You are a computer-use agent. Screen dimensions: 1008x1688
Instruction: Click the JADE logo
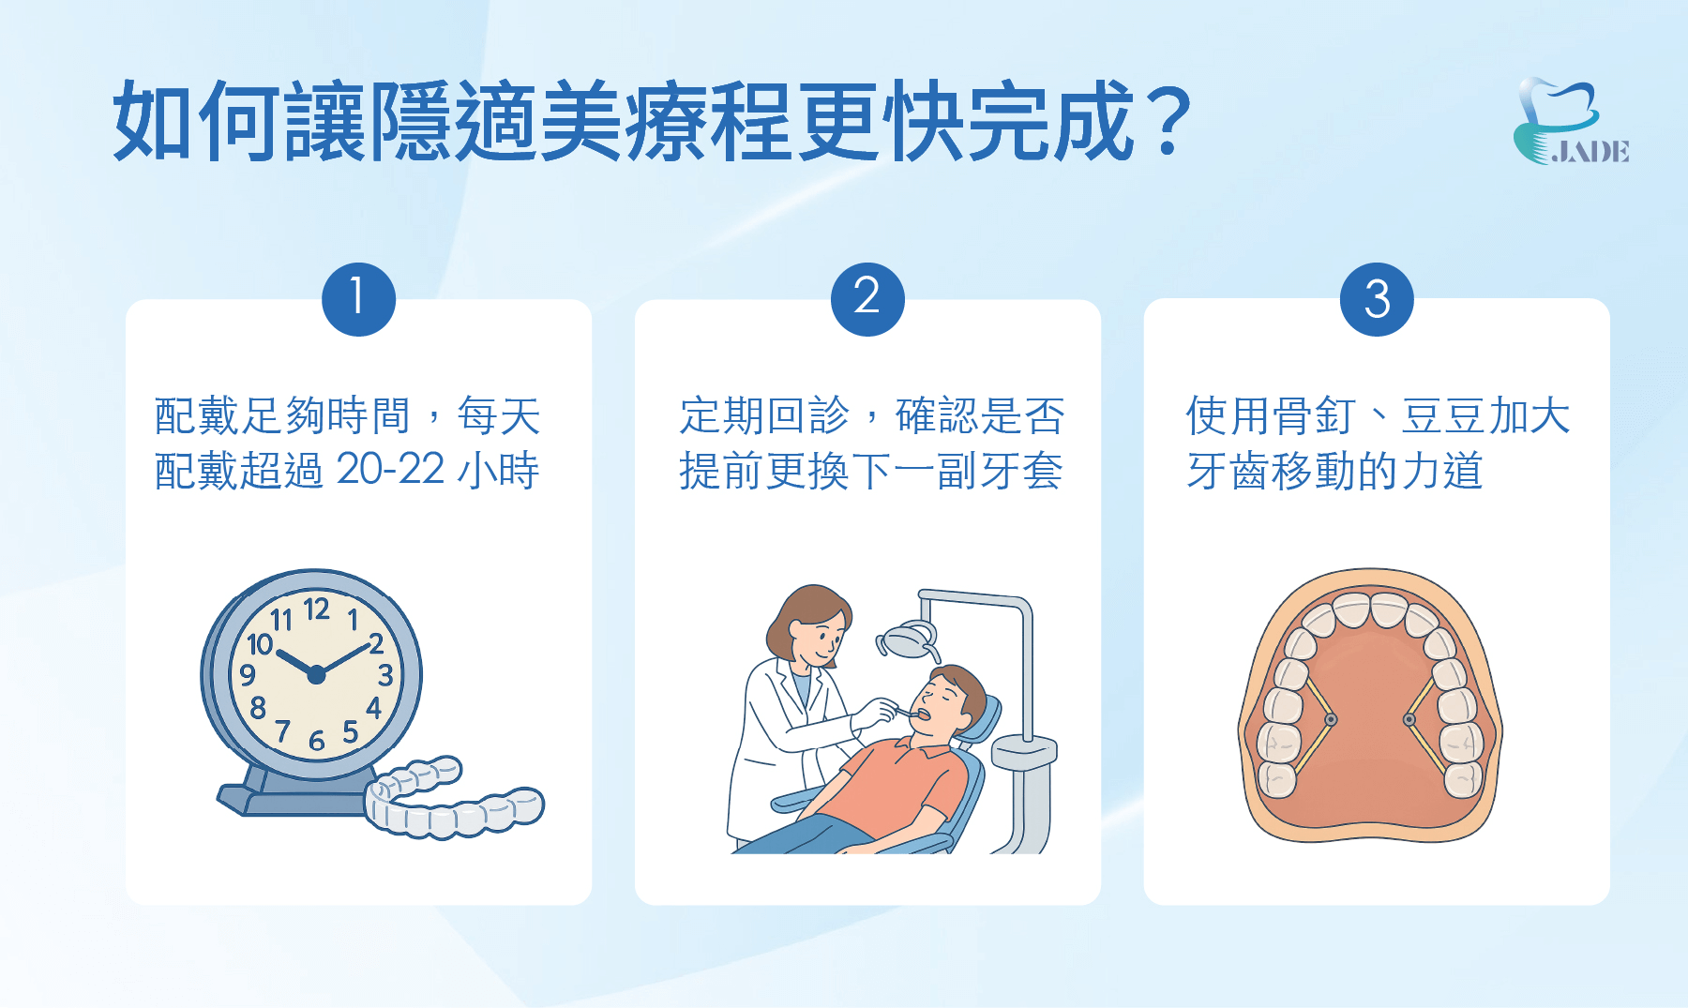pyautogui.click(x=1571, y=122)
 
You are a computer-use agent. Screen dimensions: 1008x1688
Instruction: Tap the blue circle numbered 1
pyautogui.click(x=358, y=299)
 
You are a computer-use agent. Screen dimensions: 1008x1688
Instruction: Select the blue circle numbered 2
pyautogui.click(x=867, y=299)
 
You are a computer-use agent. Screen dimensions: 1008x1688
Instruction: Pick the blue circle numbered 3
pyautogui.click(x=1377, y=299)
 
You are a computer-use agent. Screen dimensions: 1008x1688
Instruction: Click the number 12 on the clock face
pyautogui.click(x=317, y=609)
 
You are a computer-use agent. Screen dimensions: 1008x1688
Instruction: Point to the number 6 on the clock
pyautogui.click(x=317, y=742)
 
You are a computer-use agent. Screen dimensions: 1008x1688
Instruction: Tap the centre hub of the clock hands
pyautogui.click(x=316, y=674)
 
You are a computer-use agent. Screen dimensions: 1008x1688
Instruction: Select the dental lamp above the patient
pyautogui.click(x=908, y=642)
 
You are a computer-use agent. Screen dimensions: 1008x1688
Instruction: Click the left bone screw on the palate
pyautogui.click(x=1331, y=720)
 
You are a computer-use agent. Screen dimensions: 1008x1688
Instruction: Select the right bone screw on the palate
pyautogui.click(x=1409, y=720)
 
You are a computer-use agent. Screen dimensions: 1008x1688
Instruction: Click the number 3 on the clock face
pyautogui.click(x=385, y=675)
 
